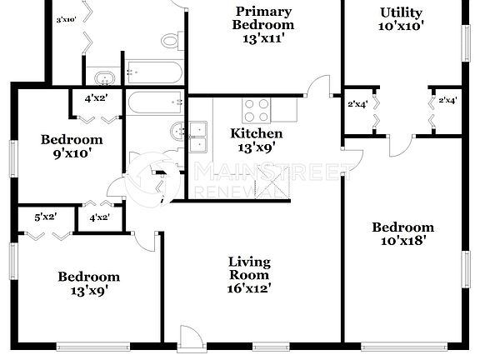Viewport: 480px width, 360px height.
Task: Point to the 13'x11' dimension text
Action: coord(263,37)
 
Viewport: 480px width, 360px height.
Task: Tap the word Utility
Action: coord(401,12)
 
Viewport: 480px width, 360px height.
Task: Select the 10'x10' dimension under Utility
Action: coord(402,26)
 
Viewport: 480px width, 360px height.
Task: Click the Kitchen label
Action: coord(256,133)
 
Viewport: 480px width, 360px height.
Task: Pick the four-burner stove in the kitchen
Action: coord(256,110)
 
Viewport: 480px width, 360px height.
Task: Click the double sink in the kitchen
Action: coord(198,137)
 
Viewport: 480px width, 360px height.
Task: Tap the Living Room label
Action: coord(249,268)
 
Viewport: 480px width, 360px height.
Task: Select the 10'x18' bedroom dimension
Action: coord(402,241)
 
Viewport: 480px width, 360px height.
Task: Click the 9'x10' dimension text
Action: coord(72,152)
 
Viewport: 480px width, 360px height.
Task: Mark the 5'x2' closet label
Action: coord(45,217)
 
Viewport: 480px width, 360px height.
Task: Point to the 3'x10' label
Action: coord(67,17)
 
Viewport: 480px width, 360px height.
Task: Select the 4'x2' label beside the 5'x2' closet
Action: coord(98,217)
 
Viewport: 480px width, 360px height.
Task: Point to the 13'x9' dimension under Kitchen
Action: coord(256,147)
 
